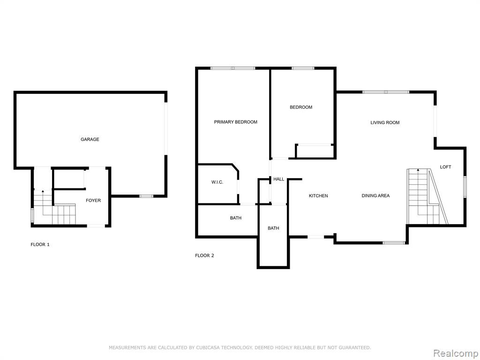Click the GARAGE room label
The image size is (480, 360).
coord(90,139)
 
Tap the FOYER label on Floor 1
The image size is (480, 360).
coord(93,201)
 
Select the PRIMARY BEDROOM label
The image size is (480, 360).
coord(235,122)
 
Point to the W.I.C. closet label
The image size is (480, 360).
coord(217,182)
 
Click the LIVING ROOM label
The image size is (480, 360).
coord(385,122)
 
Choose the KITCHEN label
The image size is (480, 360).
coord(318,195)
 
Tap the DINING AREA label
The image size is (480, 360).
coord(375,195)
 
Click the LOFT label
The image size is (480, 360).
coord(445,167)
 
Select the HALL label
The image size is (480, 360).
coord(278,179)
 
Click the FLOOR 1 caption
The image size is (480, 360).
coord(40,244)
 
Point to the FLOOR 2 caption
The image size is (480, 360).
coord(204,255)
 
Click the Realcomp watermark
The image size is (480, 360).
coord(455,353)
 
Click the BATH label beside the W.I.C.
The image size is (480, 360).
coord(236,218)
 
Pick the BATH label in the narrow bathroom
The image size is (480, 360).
coord(273,228)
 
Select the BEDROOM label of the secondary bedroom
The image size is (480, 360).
coord(301,107)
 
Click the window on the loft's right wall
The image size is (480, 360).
coord(465,187)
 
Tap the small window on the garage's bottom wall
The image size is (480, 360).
coord(146,196)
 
